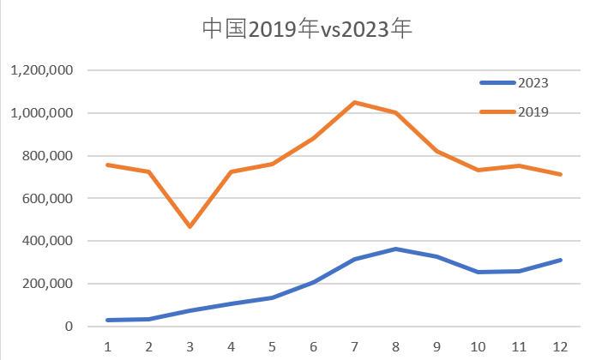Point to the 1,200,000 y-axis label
(40, 70)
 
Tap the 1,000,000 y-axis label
(40, 113)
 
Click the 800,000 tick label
(47, 156)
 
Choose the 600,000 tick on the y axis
(47, 198)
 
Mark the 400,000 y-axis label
(47, 241)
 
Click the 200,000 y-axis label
(47, 284)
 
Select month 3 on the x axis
(190, 346)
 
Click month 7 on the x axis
(354, 346)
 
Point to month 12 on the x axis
(559, 346)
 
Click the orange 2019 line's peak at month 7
(354, 102)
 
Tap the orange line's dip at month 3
(190, 227)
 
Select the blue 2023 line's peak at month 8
(395, 249)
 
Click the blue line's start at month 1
(108, 321)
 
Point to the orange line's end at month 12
(559, 174)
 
